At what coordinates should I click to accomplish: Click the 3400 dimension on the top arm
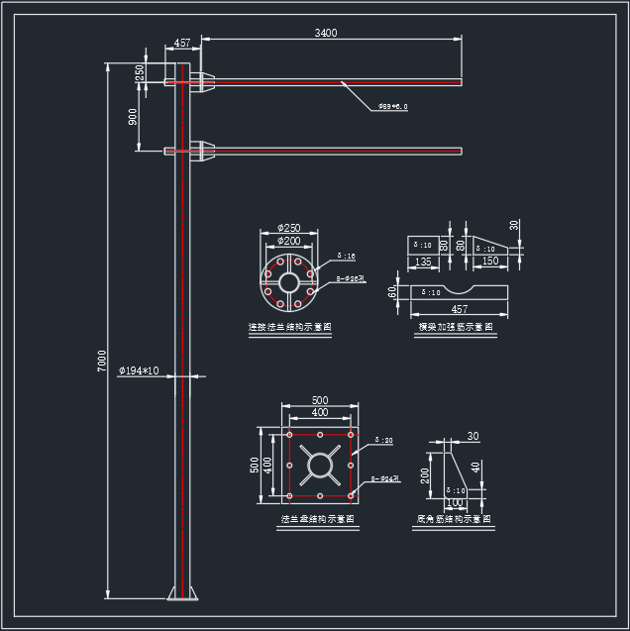[x=326, y=33]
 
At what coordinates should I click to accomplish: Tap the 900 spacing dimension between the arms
[x=133, y=117]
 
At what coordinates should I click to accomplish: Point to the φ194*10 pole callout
[x=139, y=370]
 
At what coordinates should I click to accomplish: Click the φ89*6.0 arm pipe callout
[x=392, y=106]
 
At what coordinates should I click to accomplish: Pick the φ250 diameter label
[x=289, y=228]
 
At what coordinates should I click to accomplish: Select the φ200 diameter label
[x=289, y=241]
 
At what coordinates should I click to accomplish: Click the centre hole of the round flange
[x=289, y=281]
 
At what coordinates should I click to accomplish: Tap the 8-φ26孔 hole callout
[x=351, y=279]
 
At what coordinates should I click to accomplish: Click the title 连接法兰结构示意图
[x=289, y=326]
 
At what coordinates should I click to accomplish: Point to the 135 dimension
[x=424, y=262]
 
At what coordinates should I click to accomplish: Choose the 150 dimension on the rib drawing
[x=489, y=262]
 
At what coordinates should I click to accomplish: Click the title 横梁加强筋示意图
[x=455, y=326]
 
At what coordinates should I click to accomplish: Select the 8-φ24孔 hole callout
[x=384, y=479]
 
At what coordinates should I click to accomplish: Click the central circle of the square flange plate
[x=320, y=467]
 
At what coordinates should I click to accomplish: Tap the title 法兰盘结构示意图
[x=319, y=518]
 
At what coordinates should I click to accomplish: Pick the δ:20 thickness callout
[x=384, y=440]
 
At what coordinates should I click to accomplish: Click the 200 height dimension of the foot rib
[x=426, y=474]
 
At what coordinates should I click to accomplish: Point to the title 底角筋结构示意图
[x=454, y=518]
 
